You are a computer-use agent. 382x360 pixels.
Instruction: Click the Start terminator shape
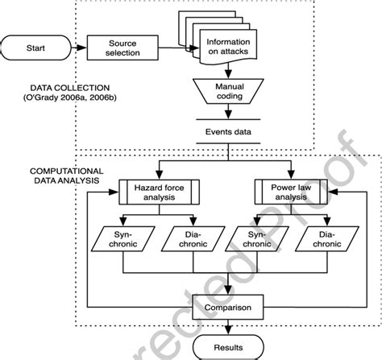35,47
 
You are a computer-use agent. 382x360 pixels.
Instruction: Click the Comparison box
229,307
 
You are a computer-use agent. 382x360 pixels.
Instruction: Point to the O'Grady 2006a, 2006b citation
58,97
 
